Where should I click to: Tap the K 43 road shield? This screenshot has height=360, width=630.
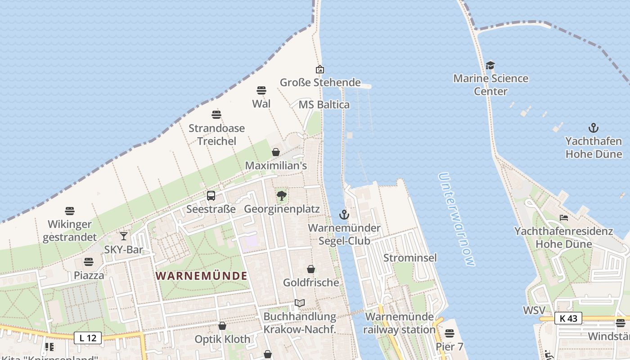(568, 318)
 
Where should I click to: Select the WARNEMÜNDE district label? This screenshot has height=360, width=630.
(202, 276)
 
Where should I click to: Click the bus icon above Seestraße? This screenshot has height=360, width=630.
(211, 196)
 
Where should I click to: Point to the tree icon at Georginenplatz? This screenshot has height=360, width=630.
(282, 196)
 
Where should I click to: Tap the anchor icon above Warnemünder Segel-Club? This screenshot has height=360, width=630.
(344, 215)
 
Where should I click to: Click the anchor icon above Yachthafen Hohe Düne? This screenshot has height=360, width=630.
(594, 128)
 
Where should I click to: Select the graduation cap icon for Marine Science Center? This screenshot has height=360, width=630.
(490, 66)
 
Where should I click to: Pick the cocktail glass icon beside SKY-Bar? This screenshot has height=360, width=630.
(123, 236)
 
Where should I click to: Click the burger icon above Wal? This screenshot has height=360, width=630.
(261, 90)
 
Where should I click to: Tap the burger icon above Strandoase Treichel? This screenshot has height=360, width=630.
(216, 115)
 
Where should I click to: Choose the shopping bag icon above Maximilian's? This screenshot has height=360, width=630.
(276, 152)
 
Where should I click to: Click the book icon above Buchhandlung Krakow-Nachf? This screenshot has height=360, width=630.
(300, 303)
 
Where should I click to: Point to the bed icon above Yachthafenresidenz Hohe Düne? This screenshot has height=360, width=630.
(564, 218)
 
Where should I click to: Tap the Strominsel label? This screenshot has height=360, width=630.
(410, 258)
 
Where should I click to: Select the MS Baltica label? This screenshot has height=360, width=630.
(324, 105)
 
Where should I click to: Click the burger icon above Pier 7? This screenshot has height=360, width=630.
(449, 333)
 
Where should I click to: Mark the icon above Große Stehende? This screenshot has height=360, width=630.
(320, 69)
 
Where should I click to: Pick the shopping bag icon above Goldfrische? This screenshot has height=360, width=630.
(311, 269)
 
